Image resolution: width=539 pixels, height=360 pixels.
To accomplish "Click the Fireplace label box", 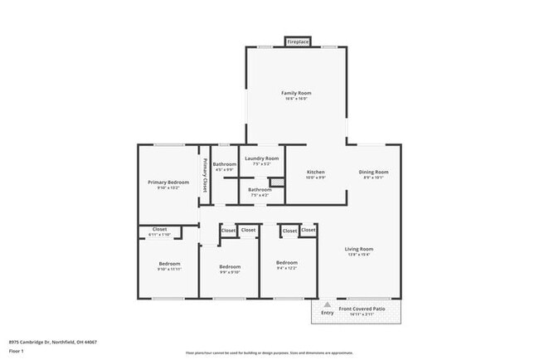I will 298,41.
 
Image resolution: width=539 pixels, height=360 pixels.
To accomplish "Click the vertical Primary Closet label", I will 205,173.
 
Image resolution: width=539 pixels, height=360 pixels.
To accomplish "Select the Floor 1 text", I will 17,350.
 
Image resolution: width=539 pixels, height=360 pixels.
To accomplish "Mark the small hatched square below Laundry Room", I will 279,181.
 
